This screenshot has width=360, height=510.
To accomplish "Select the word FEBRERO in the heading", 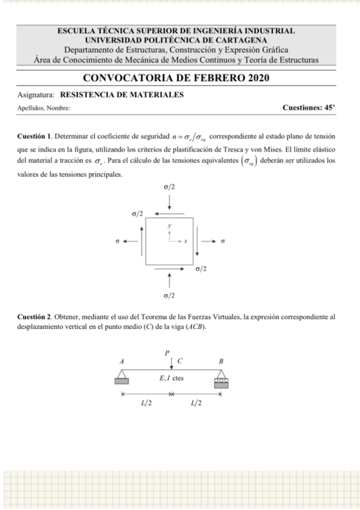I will coord(215,78).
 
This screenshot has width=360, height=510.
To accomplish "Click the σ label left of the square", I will coord(118,242).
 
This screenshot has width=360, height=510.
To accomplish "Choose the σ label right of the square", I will coord(223,242).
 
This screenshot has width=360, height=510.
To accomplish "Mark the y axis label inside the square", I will coord(170,226).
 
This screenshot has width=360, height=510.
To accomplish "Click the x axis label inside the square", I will coord(186,241).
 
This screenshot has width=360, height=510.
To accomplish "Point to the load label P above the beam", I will coord(168,352).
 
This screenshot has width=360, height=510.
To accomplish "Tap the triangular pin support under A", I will coord(120,379).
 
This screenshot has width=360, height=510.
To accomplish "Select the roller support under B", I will coord(222,379).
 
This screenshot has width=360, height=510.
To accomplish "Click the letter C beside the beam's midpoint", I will coord(180,361).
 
